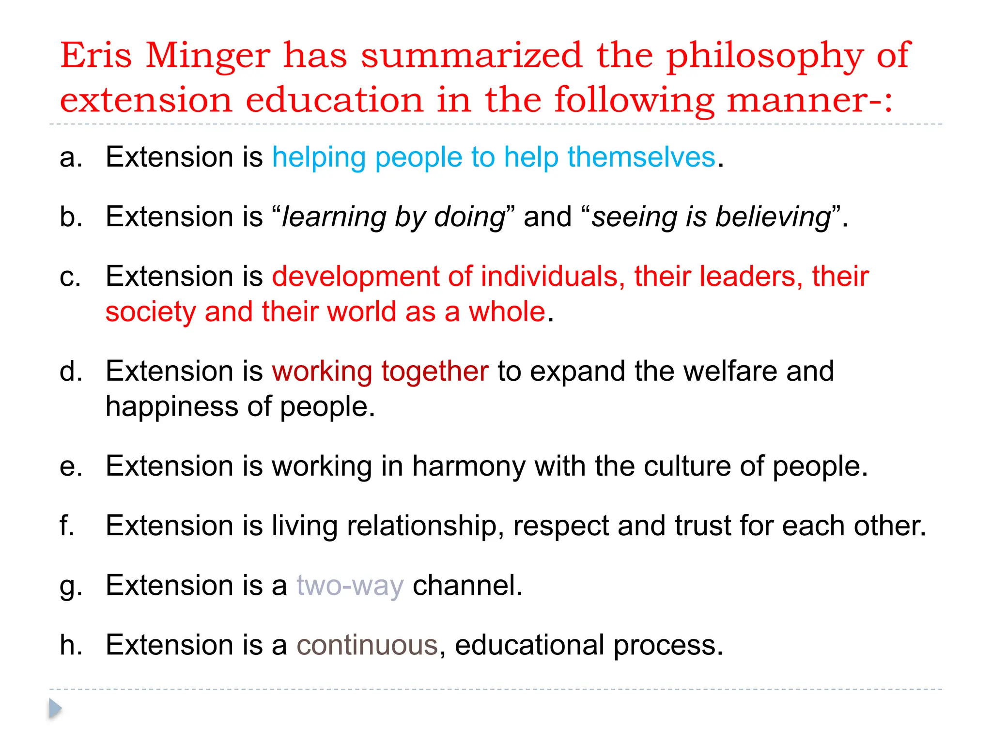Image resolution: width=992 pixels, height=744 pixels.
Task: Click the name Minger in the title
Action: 207,56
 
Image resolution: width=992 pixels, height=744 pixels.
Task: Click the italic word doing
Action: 469,217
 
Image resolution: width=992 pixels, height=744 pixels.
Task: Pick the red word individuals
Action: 549,277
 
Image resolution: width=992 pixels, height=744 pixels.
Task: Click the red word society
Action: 150,311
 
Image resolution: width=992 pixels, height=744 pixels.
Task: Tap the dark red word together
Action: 434,372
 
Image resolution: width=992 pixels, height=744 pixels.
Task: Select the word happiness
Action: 171,407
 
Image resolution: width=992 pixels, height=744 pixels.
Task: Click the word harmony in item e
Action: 468,466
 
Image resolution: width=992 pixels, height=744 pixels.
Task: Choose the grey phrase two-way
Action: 350,586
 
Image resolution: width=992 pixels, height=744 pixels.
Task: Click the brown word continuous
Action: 367,645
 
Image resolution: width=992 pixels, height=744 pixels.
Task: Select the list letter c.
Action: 70,277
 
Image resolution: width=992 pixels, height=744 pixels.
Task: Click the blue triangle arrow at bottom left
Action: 55,709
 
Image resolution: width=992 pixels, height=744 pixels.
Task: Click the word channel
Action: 467,586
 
